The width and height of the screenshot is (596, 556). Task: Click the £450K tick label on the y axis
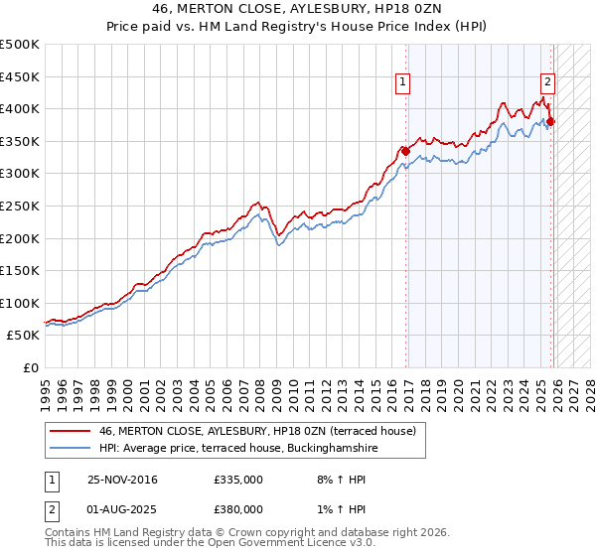click(x=20, y=76)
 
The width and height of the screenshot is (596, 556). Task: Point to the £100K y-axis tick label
click(x=20, y=303)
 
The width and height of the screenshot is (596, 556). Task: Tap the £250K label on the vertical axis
click(x=20, y=206)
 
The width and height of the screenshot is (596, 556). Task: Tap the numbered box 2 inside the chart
click(x=547, y=83)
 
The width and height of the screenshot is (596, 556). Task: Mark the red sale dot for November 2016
click(x=405, y=151)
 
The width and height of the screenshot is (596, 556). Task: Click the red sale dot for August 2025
click(x=550, y=122)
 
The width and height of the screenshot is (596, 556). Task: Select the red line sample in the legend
click(x=70, y=431)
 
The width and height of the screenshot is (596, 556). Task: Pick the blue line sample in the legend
click(x=70, y=449)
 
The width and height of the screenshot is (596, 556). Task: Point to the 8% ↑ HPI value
click(x=328, y=480)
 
